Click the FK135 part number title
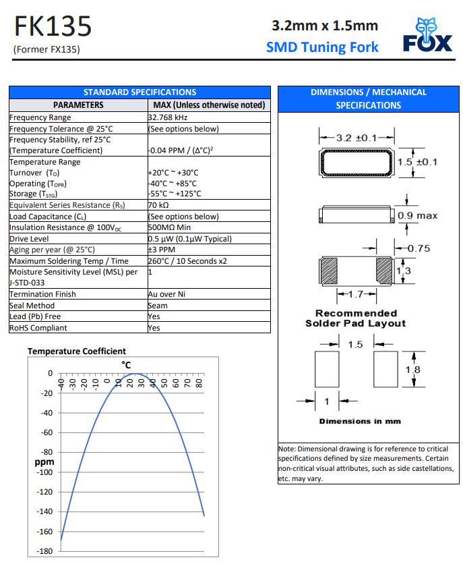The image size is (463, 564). click(52, 27)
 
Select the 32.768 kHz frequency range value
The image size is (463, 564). click(168, 117)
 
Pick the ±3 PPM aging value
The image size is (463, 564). click(161, 250)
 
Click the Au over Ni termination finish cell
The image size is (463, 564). click(166, 294)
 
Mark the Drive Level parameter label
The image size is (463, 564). click(29, 239)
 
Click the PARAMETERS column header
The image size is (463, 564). click(78, 105)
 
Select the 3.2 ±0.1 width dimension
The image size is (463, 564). click(356, 138)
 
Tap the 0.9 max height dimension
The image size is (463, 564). click(417, 216)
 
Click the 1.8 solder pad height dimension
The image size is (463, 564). click(412, 370)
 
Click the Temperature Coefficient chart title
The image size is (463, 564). click(76, 351)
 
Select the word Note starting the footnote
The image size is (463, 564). click(286, 449)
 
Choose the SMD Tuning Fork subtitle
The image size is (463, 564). click(322, 47)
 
